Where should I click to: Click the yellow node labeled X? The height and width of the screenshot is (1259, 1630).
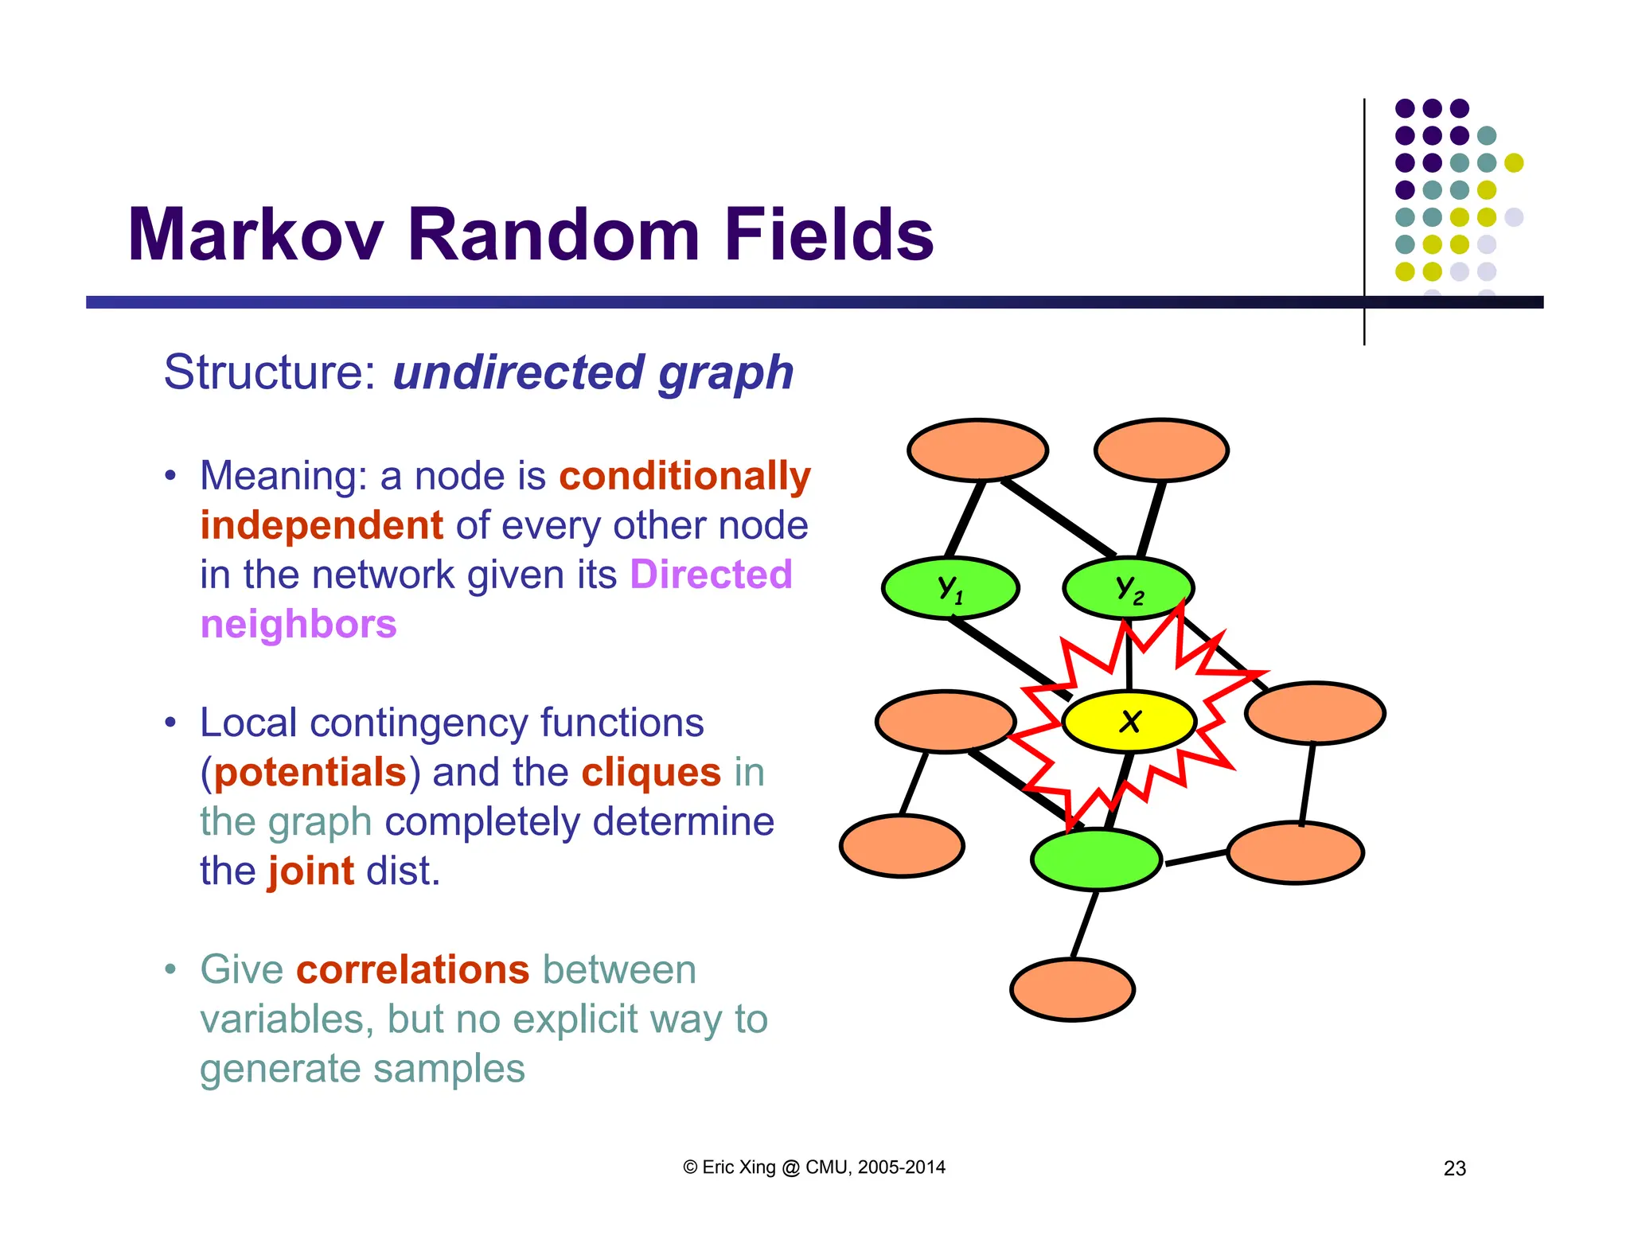click(1129, 721)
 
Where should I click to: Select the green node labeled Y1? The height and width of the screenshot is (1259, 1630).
click(950, 588)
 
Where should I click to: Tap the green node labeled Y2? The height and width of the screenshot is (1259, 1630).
click(1129, 588)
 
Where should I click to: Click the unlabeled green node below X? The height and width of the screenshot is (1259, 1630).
click(1096, 859)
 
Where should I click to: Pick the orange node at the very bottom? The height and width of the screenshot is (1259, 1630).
click(1072, 989)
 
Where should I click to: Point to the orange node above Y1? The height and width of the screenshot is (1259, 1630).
click(977, 450)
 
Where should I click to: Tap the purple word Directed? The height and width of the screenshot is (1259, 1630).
click(711, 574)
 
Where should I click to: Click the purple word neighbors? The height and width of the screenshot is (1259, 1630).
click(298, 624)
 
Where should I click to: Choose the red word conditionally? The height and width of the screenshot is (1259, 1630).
click(684, 476)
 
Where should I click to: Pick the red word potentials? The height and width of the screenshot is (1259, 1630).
click(310, 772)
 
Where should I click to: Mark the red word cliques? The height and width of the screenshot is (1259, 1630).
click(651, 772)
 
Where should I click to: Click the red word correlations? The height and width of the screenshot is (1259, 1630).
click(412, 969)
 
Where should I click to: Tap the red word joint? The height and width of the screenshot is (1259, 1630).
click(310, 871)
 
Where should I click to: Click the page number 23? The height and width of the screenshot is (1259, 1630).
click(1454, 1168)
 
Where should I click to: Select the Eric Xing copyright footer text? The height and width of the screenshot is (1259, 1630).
click(813, 1167)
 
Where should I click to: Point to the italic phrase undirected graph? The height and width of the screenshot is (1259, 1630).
click(593, 372)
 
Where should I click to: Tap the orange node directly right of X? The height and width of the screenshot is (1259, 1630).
click(1315, 713)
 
